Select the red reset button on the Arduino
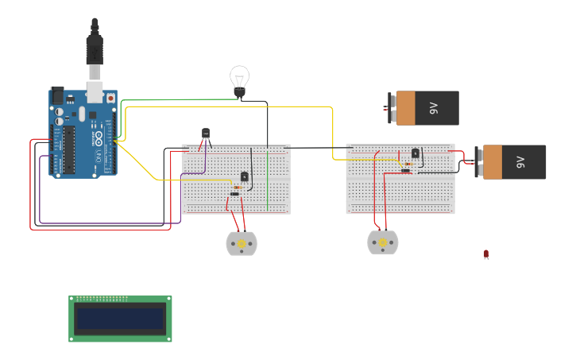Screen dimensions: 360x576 (110, 98)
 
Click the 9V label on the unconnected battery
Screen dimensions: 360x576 (433, 107)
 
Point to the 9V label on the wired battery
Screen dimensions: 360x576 (520, 161)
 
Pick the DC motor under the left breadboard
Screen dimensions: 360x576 (241, 243)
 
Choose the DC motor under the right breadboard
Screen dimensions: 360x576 (382, 242)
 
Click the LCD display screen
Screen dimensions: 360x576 (120, 319)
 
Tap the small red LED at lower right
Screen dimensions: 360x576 (486, 254)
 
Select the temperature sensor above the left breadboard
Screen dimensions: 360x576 (206, 134)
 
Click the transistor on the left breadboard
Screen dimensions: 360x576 (245, 176)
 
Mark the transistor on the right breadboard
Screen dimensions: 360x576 (415, 153)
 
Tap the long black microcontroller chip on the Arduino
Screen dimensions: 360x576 (70, 149)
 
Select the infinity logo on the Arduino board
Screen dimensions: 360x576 (99, 137)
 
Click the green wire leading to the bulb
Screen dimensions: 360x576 (159, 100)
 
